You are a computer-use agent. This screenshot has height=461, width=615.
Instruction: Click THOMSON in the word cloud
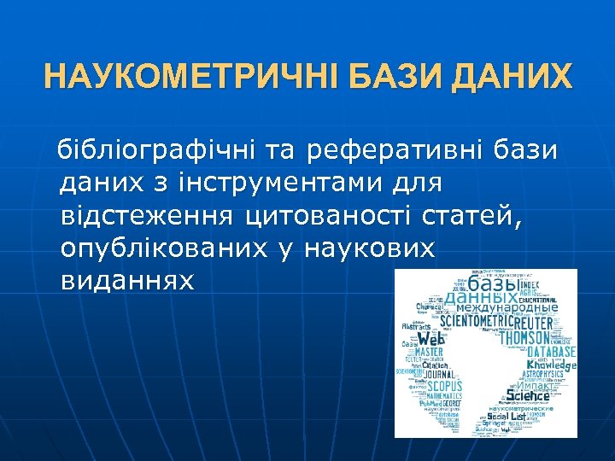[536, 338]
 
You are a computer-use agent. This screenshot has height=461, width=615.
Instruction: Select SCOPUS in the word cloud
[440, 386]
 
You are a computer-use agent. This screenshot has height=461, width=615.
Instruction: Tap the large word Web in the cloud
[430, 340]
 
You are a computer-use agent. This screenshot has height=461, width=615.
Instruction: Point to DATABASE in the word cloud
[551, 352]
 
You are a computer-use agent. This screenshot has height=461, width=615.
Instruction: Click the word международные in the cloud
[509, 307]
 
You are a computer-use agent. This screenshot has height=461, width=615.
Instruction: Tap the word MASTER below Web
[429, 352]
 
